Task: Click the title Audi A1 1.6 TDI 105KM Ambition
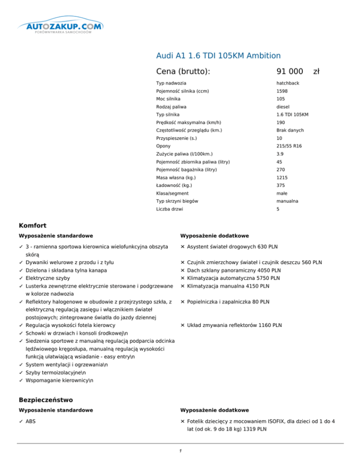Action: (218, 55)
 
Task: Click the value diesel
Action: (284, 107)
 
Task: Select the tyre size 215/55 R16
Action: (289, 146)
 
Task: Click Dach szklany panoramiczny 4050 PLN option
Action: (234, 271)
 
